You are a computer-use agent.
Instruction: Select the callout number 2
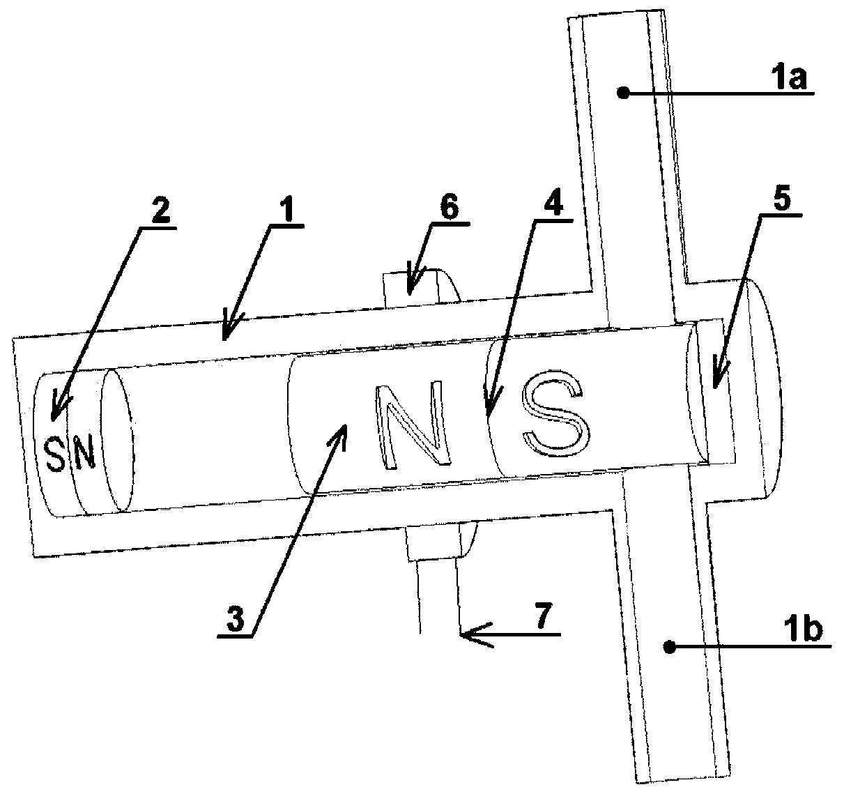tap(160, 211)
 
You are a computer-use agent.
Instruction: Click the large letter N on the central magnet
tap(412, 427)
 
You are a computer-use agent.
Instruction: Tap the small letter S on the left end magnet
tap(55, 455)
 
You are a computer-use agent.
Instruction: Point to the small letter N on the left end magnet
tap(85, 452)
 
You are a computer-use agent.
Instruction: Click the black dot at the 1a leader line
tap(624, 93)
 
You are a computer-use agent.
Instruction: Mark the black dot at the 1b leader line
tap(670, 648)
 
